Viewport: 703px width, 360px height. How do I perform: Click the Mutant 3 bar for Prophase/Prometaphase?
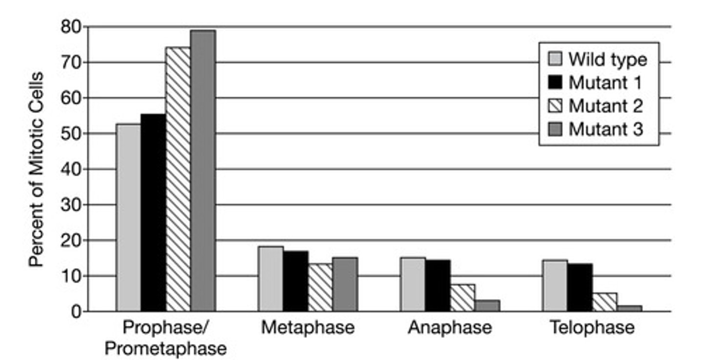click(203, 171)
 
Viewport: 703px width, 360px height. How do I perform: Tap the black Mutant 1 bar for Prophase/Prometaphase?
click(153, 212)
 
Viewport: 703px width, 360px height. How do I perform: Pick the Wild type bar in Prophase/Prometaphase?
click(128, 217)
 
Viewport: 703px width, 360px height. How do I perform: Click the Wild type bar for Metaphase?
click(271, 279)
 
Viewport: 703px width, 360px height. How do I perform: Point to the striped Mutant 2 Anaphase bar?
click(462, 298)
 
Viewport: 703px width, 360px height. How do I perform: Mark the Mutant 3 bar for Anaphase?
click(487, 306)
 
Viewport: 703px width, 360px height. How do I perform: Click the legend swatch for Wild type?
click(556, 59)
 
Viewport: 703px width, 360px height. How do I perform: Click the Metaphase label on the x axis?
click(308, 328)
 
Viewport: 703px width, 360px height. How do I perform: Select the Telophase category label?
click(592, 328)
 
